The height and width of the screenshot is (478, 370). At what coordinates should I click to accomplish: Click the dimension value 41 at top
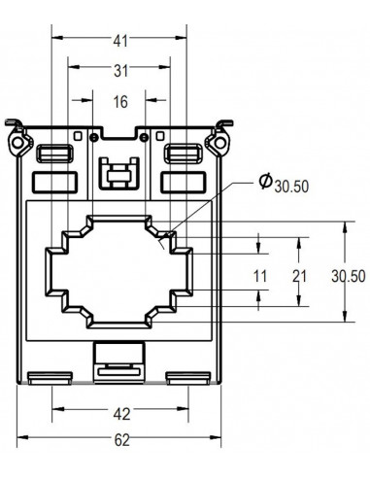click(120, 41)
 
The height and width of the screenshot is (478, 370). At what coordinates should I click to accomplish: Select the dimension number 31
click(120, 71)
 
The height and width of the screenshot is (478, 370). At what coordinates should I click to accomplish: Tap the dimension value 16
click(120, 101)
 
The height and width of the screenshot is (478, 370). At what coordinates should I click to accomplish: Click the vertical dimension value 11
click(260, 276)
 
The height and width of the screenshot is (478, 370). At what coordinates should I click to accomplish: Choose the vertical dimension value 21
click(299, 276)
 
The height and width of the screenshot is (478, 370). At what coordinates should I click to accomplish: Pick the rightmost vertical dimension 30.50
click(344, 276)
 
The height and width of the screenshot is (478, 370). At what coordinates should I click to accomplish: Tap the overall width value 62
click(120, 440)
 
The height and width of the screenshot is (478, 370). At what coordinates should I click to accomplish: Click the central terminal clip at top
click(118, 175)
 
